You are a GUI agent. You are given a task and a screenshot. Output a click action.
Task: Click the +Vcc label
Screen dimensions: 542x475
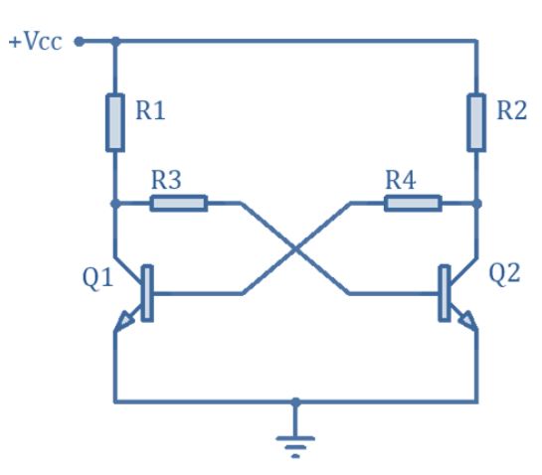tap(35, 42)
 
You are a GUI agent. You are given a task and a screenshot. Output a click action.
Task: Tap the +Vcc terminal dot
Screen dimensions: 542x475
tap(80, 42)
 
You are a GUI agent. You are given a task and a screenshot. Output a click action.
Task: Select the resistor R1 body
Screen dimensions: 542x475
tap(115, 122)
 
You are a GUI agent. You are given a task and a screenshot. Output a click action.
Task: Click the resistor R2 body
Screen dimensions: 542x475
tap(476, 122)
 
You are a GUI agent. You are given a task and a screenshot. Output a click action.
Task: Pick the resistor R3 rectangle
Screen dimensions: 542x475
tap(179, 203)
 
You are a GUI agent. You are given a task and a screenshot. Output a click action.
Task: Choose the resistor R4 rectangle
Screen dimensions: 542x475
tap(413, 203)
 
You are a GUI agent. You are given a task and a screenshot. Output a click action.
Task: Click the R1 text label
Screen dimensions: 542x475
tap(150, 110)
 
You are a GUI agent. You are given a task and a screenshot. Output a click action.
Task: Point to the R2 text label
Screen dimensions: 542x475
tap(511, 110)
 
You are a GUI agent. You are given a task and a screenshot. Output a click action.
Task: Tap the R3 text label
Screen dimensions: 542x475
tap(166, 180)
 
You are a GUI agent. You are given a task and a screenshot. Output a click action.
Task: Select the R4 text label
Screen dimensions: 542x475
tap(400, 180)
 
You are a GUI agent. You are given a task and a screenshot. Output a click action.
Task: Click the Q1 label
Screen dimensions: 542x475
tap(97, 277)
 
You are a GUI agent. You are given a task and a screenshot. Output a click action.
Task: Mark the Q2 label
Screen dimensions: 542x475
tap(504, 273)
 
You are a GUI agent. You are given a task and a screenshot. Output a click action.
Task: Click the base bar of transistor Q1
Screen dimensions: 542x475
tap(147, 293)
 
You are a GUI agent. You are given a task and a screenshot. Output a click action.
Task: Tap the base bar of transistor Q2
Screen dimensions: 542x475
tap(445, 293)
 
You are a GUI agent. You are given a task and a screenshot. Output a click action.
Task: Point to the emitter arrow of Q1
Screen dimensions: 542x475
tap(123, 320)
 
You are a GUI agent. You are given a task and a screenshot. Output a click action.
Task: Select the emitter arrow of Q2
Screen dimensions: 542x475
tap(467, 320)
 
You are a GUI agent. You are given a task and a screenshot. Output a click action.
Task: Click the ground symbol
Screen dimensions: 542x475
tap(295, 446)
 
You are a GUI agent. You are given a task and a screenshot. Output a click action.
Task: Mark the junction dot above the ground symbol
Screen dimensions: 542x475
tap(295, 402)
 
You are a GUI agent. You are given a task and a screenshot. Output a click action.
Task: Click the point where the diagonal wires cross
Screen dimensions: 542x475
tap(295, 248)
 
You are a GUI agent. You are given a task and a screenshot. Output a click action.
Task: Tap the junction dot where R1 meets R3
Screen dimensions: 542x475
tap(115, 204)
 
